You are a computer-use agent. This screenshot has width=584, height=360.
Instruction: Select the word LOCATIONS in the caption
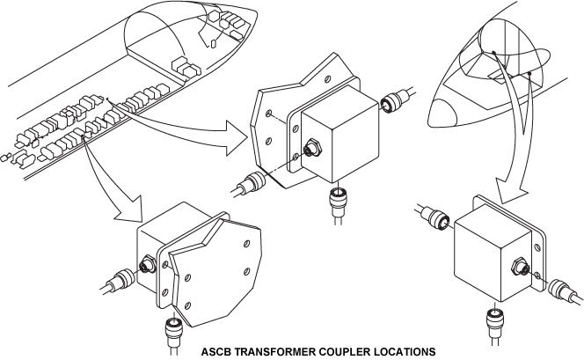click(405, 351)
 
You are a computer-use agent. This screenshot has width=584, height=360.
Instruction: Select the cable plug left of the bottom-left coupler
click(120, 281)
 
